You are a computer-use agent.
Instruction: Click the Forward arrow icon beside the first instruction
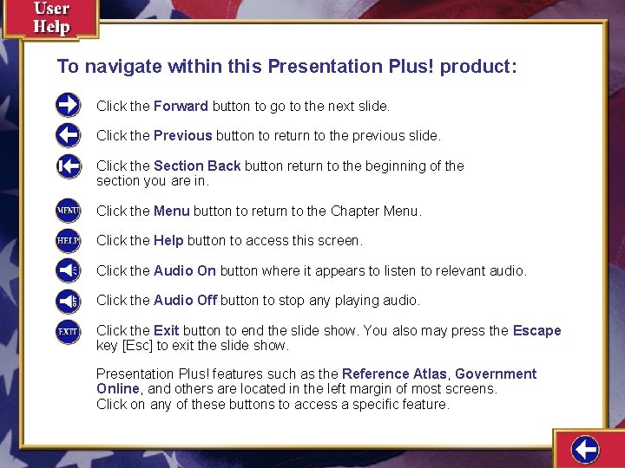click(x=68, y=106)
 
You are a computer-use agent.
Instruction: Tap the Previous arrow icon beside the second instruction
click(x=68, y=135)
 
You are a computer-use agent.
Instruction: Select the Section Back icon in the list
click(x=68, y=166)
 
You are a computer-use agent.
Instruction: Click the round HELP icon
click(x=68, y=240)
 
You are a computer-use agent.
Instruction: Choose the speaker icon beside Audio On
click(x=68, y=270)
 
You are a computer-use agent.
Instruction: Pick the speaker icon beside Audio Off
click(x=68, y=301)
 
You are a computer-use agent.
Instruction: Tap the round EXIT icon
click(x=68, y=331)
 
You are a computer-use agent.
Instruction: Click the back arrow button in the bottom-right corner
click(x=586, y=450)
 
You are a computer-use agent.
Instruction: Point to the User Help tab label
click(x=51, y=18)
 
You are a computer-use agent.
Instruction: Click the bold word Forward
click(x=181, y=107)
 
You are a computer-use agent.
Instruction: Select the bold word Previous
click(x=182, y=136)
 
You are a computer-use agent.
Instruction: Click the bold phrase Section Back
click(x=197, y=166)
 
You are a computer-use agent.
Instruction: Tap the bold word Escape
click(x=536, y=331)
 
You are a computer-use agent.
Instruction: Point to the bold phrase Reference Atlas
click(x=394, y=374)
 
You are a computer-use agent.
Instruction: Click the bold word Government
click(x=496, y=374)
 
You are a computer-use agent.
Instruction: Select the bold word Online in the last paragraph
click(x=117, y=389)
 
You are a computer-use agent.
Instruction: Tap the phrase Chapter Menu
click(x=376, y=211)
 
